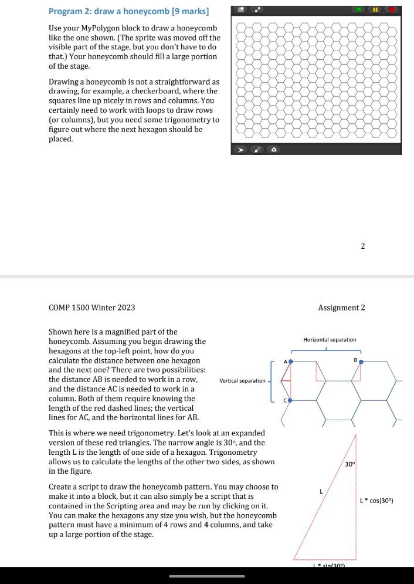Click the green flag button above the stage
pyautogui.click(x=358, y=10)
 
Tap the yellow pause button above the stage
pyautogui.click(x=375, y=10)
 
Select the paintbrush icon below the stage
pyautogui.click(x=257, y=150)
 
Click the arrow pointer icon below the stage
pyautogui.click(x=239, y=150)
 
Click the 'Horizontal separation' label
pyautogui.click(x=329, y=340)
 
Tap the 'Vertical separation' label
pyautogui.click(x=242, y=381)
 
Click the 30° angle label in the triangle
pyautogui.click(x=349, y=464)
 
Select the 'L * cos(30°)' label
pyautogui.click(x=376, y=501)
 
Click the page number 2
pyautogui.click(x=362, y=246)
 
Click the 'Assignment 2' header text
pyautogui.click(x=341, y=308)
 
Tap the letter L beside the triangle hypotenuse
pyautogui.click(x=320, y=492)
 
